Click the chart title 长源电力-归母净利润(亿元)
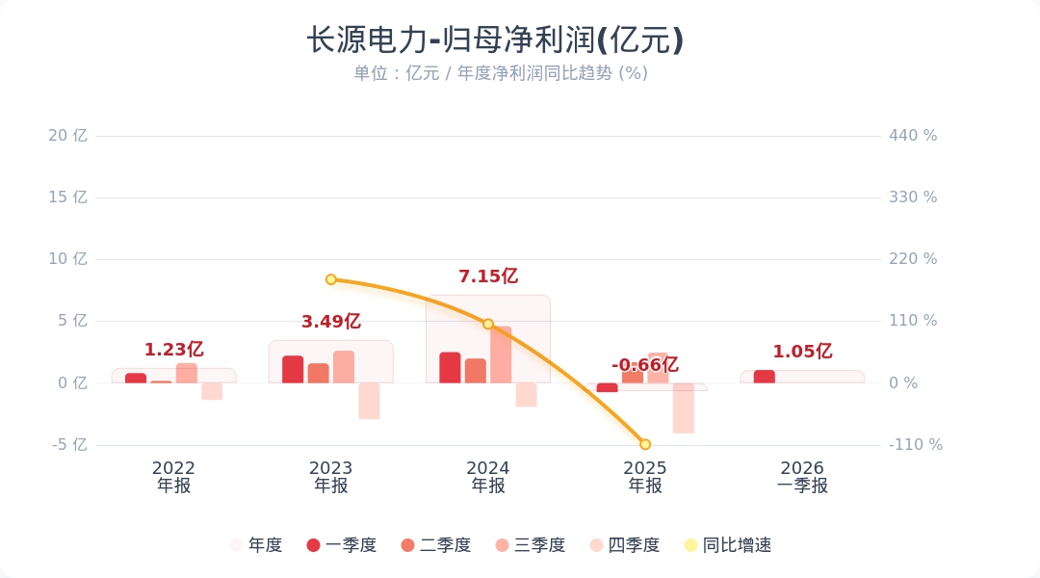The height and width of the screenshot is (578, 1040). pyautogui.click(x=495, y=40)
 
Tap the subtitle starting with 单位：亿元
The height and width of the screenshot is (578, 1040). pyautogui.click(x=500, y=73)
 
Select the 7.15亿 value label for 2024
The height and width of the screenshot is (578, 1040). pyautogui.click(x=488, y=276)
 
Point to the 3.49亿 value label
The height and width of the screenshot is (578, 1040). pyautogui.click(x=330, y=322)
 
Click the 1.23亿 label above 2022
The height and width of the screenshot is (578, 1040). pyautogui.click(x=173, y=350)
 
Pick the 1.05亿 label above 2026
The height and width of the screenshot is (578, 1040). pyautogui.click(x=802, y=352)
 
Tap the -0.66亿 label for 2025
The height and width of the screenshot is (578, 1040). pyautogui.click(x=644, y=365)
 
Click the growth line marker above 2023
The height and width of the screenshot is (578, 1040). pyautogui.click(x=330, y=279)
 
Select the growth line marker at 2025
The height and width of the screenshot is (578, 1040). pyautogui.click(x=645, y=444)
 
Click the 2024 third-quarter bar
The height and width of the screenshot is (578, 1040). pyautogui.click(x=501, y=355)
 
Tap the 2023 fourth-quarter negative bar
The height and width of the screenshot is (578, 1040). pyautogui.click(x=369, y=401)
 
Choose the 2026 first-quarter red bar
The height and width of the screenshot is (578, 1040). pyautogui.click(x=764, y=377)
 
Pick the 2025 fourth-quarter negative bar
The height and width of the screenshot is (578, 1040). pyautogui.click(x=684, y=408)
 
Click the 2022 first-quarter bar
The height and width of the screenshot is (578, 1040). pyautogui.click(x=136, y=379)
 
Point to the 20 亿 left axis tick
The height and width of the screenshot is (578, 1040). pyautogui.click(x=67, y=136)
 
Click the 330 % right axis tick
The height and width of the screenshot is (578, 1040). pyautogui.click(x=913, y=197)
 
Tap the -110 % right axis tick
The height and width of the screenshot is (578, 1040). pyautogui.click(x=915, y=445)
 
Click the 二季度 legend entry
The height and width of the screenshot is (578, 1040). pyautogui.click(x=436, y=545)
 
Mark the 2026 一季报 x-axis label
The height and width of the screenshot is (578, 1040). pyautogui.click(x=802, y=477)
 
